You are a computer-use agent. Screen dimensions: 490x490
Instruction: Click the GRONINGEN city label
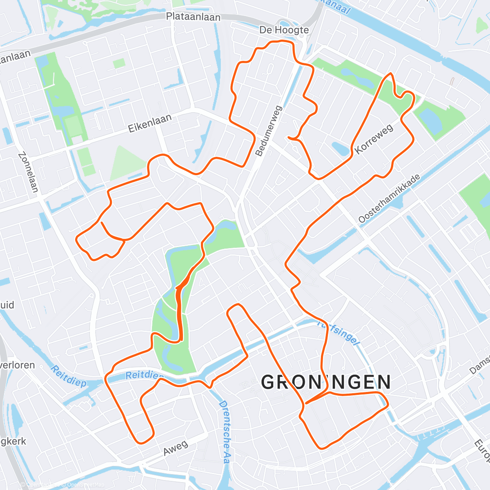[326, 383]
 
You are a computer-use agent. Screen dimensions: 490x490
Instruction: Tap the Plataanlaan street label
[193, 17]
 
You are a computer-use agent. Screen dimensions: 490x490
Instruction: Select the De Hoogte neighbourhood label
[284, 30]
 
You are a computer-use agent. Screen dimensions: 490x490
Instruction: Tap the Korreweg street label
[374, 139]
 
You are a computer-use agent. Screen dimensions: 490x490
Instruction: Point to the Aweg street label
[176, 448]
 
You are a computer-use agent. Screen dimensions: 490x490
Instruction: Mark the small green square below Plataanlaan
[119, 63]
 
